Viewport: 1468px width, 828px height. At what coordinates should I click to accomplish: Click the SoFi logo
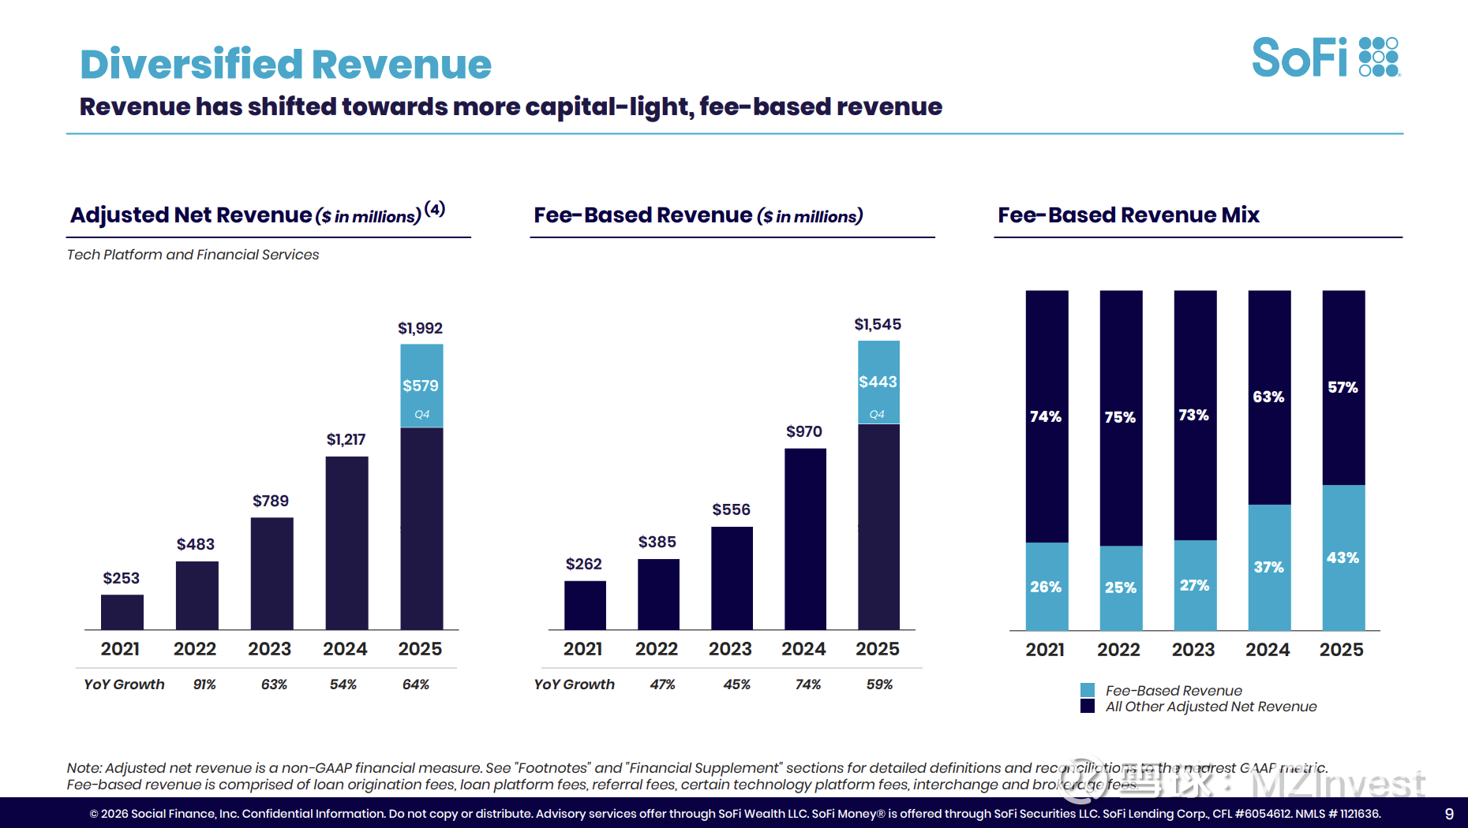click(1326, 58)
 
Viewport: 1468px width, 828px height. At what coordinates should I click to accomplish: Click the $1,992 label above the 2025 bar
click(420, 328)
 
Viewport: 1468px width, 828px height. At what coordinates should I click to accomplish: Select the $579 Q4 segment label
click(421, 386)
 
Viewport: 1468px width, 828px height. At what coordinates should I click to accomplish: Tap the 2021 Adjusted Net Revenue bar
click(122, 612)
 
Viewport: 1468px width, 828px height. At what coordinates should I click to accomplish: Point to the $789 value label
click(271, 501)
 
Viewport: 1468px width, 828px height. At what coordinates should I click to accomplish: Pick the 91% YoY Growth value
click(204, 684)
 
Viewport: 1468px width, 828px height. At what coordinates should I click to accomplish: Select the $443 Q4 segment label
click(878, 382)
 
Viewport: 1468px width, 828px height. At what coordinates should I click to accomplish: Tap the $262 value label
click(583, 564)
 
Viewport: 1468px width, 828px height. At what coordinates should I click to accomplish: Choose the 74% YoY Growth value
click(807, 684)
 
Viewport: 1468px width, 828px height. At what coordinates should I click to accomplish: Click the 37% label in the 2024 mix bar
click(1268, 567)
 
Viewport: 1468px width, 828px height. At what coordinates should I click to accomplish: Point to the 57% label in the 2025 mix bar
click(1343, 387)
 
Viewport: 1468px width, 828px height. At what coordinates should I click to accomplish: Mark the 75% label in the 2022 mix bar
click(1120, 417)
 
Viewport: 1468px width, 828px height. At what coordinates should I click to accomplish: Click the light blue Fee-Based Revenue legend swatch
click(1088, 690)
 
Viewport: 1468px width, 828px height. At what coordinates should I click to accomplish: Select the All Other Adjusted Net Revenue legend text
click(1211, 707)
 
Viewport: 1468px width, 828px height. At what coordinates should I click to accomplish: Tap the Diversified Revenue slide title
click(286, 64)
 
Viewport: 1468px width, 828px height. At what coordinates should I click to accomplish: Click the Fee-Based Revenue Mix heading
click(1128, 214)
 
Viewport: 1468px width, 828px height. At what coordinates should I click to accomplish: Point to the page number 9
click(1449, 814)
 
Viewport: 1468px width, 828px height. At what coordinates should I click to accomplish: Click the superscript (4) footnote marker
click(435, 209)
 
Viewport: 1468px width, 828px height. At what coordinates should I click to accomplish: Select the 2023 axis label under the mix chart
click(1193, 650)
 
